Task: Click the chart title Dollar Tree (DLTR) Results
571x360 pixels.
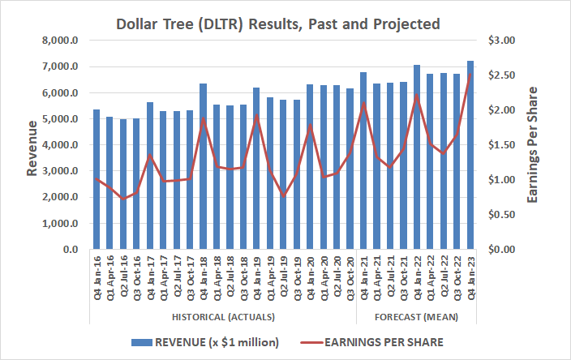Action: pos(285,24)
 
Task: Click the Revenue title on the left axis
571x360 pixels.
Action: pos(31,146)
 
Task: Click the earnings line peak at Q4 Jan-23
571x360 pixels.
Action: pos(470,75)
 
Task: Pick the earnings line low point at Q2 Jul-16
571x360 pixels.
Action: pos(123,199)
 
